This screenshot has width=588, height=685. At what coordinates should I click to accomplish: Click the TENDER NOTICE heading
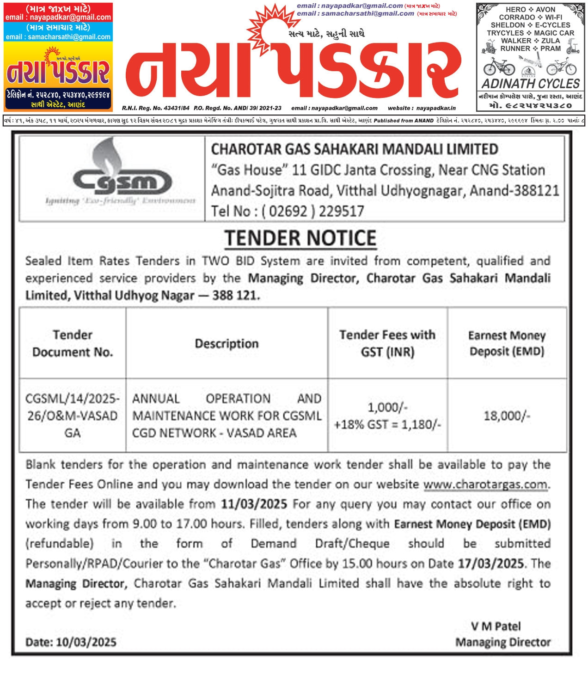(x=300, y=238)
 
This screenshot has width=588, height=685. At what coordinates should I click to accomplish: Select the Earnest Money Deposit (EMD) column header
(x=507, y=343)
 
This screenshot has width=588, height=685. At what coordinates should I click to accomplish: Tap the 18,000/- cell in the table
(x=507, y=416)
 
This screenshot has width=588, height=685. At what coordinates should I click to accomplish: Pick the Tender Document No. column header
(x=73, y=343)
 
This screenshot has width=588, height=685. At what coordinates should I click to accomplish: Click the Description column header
(x=227, y=344)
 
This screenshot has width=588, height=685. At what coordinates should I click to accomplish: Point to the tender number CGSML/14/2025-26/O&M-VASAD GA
(x=73, y=416)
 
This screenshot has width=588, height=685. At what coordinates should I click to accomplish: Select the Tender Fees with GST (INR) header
(x=387, y=343)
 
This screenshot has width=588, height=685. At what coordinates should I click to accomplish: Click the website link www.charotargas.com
(x=485, y=485)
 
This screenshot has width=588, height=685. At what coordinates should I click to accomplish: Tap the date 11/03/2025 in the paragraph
(x=254, y=504)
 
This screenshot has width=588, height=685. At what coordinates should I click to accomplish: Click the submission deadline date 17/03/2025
(x=491, y=564)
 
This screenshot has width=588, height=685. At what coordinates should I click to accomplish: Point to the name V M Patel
(x=496, y=626)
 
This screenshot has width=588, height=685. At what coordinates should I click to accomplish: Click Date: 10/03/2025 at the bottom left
(x=71, y=642)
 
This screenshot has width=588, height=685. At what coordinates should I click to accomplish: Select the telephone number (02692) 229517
(x=288, y=211)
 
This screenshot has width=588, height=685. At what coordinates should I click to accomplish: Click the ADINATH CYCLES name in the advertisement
(x=531, y=84)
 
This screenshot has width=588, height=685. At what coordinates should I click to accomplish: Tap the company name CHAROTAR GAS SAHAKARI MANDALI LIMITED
(x=355, y=150)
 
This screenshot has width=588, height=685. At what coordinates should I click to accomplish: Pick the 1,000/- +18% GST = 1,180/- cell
(x=387, y=416)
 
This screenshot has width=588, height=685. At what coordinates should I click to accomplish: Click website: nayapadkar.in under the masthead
(x=422, y=108)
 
